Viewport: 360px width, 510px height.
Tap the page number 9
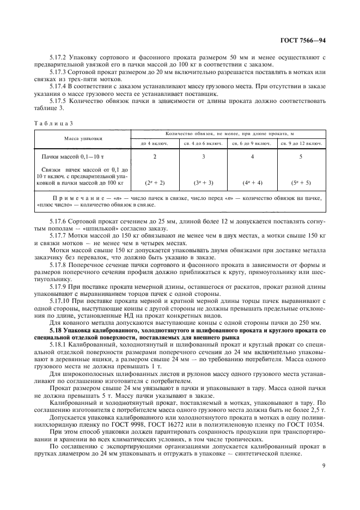point(323,465)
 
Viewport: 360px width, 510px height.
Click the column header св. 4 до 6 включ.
point(203,143)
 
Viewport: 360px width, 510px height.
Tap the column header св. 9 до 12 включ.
point(301,143)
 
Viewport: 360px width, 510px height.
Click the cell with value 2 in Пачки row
point(155,156)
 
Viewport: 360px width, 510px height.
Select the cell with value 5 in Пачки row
point(301,156)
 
